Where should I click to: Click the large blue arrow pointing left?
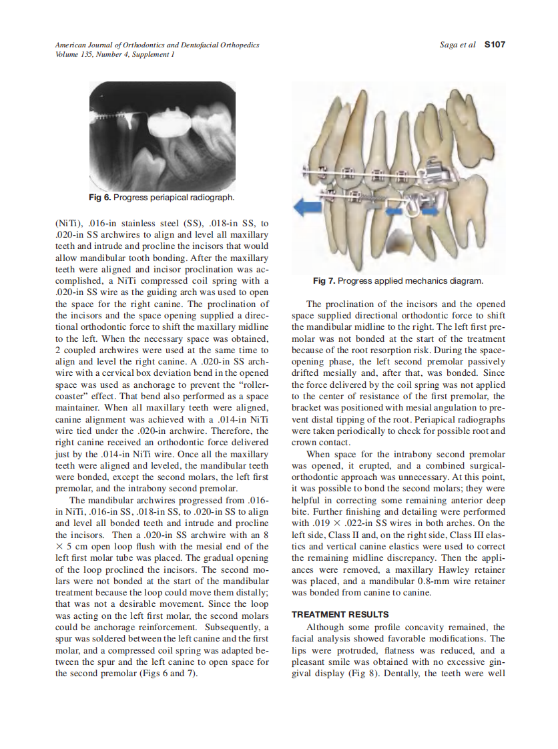click(x=310, y=208)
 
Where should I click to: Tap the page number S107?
click(x=495, y=45)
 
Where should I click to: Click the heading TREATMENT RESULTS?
click(x=340, y=614)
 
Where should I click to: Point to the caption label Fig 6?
click(x=100, y=198)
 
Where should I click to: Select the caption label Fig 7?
click(x=325, y=281)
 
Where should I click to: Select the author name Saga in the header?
click(x=449, y=45)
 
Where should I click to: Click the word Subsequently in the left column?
click(x=226, y=628)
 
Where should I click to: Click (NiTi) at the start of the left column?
click(x=68, y=223)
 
